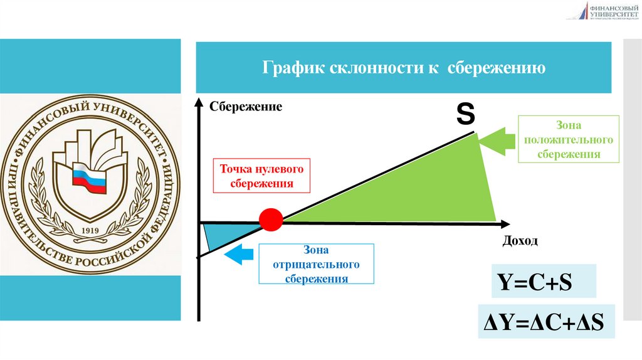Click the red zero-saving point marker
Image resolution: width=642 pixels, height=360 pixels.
[x=271, y=220]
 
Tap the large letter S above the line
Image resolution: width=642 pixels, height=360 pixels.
[x=465, y=114]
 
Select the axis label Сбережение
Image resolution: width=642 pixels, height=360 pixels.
[x=246, y=107]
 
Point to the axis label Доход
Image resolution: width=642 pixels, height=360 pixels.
[x=520, y=241]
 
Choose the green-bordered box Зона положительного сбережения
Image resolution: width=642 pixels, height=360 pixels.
[x=569, y=139]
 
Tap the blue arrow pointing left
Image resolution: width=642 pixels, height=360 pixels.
[x=239, y=255]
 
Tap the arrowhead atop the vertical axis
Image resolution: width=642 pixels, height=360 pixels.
[x=199, y=102]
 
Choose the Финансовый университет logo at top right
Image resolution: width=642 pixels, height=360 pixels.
[x=603, y=11]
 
